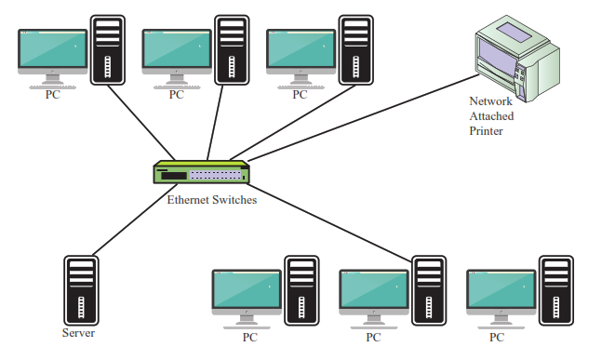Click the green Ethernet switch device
201,172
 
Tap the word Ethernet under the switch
188,200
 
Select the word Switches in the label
234,200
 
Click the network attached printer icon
517,59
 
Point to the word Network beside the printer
490,101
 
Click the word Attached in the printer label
491,116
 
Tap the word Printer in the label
486,131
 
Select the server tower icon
81,290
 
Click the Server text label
78,333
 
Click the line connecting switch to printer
363,117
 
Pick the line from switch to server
135,220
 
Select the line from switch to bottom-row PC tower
329,222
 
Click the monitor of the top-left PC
52,51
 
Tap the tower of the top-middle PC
232,50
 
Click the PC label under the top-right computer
300,95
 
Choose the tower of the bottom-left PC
301,290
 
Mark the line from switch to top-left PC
141,123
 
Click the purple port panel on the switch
215,175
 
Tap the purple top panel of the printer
515,32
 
